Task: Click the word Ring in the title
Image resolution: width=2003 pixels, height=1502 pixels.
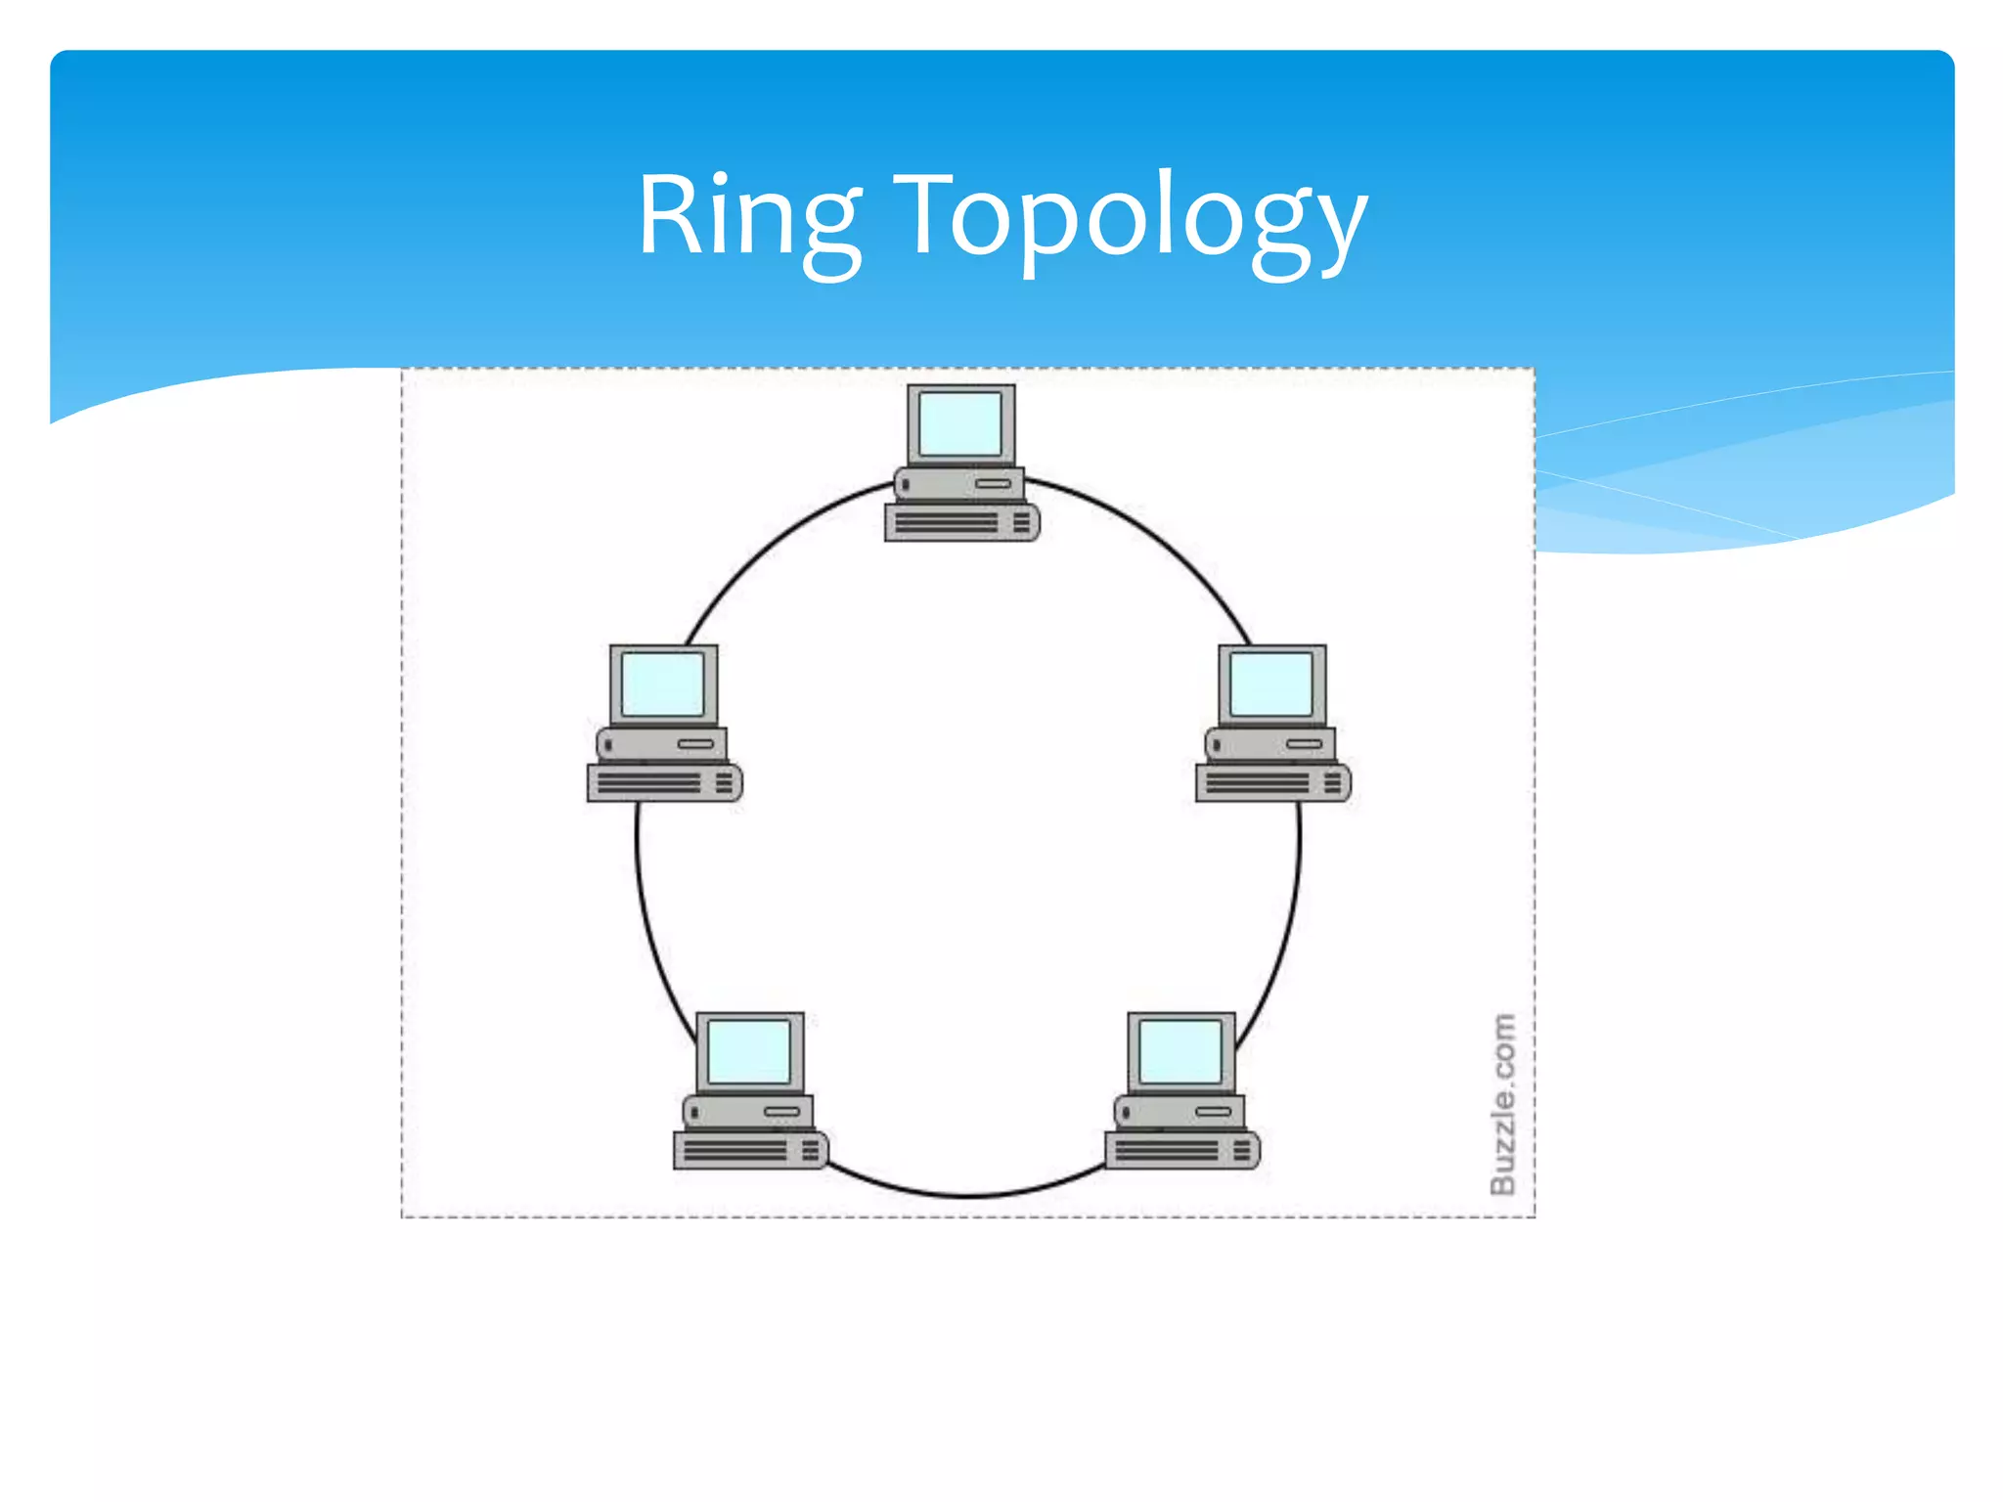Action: [749, 217]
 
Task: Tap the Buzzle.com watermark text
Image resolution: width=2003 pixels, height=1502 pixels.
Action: [1502, 1104]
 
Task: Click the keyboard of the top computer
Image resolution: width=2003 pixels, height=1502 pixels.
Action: [960, 523]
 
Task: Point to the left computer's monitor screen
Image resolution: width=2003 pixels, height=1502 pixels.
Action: [663, 685]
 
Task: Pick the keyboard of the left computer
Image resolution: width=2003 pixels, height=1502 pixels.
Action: [663, 783]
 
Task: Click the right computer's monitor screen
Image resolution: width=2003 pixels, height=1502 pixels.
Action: [1271, 685]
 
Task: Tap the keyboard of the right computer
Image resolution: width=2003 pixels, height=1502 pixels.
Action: [1271, 783]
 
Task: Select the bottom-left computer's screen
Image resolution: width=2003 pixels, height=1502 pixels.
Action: [749, 1052]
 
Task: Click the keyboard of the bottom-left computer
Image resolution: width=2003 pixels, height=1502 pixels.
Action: [749, 1151]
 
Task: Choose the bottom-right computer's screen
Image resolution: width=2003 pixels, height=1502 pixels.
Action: [1180, 1052]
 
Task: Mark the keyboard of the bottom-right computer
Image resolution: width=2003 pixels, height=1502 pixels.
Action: [1180, 1151]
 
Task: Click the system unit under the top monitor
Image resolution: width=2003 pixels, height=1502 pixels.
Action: [958, 484]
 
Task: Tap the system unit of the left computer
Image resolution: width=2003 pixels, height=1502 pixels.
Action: [661, 744]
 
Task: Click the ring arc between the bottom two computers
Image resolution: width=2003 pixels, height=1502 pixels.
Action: [966, 1195]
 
